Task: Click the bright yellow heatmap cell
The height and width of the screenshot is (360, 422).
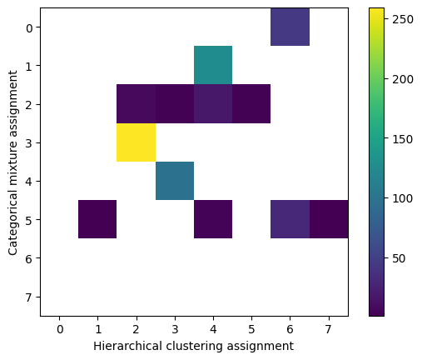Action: coord(136,142)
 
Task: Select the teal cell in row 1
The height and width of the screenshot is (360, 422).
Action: coord(213,65)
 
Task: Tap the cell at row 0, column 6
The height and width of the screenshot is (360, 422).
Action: coord(290,27)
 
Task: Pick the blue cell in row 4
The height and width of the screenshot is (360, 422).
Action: coord(175,181)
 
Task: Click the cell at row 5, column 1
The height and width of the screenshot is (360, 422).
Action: coord(97,219)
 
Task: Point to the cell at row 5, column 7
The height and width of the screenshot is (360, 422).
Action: coord(329,219)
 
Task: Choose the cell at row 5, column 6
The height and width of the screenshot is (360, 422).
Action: coord(290,219)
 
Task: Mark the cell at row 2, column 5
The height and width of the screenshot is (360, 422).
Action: coord(251,104)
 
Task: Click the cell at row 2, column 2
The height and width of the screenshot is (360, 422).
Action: coord(136,104)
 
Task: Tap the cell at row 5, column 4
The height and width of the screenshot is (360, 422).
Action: coord(213,219)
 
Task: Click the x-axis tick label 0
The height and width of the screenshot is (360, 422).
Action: coord(59,328)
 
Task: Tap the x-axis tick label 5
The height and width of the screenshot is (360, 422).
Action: coord(251,328)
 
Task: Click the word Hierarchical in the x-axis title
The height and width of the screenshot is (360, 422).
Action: coord(125,345)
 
